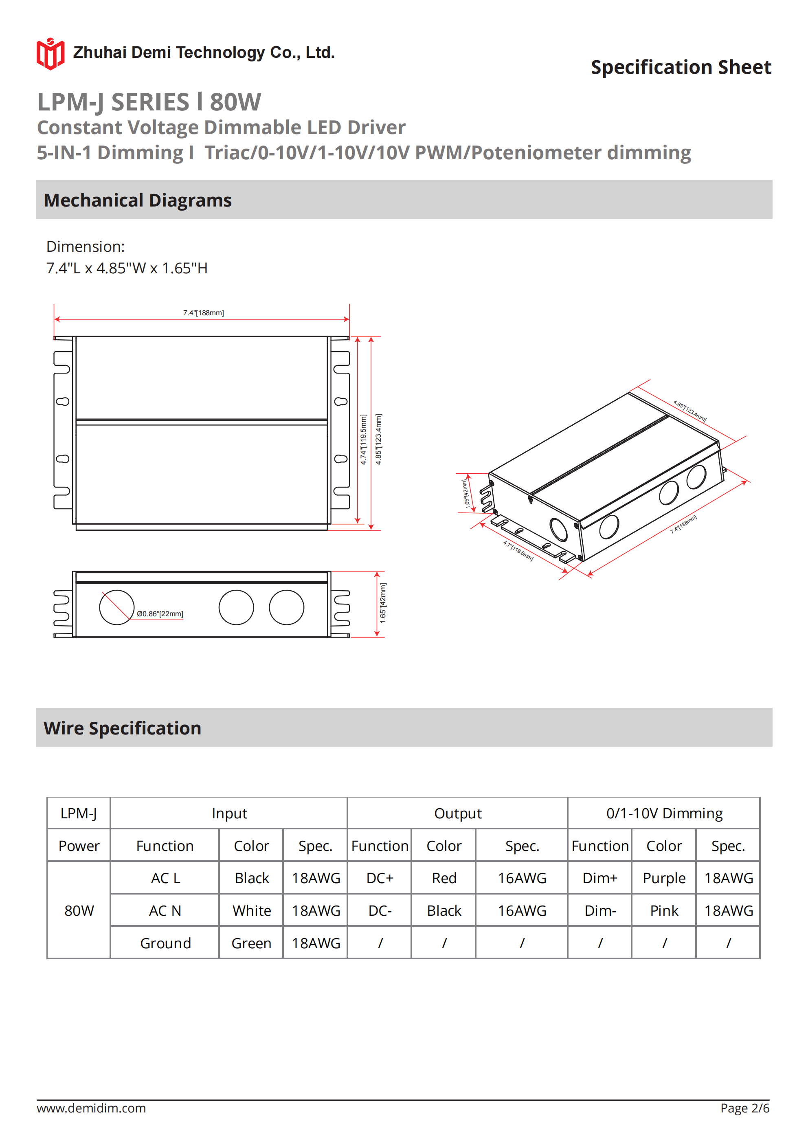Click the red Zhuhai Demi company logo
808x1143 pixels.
point(50,54)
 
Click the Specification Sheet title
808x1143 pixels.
point(681,67)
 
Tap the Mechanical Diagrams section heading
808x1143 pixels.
point(138,200)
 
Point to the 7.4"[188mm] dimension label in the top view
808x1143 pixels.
point(203,312)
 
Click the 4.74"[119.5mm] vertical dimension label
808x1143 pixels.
point(363,440)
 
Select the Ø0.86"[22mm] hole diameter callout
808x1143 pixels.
point(160,614)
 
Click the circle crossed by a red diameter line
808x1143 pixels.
point(116,607)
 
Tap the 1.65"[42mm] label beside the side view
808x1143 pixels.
point(383,603)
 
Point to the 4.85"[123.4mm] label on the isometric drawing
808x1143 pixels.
point(689,411)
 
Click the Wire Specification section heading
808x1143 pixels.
point(123,728)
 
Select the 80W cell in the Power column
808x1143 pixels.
point(79,910)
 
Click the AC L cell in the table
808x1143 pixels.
point(165,878)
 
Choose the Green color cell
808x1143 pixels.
point(251,943)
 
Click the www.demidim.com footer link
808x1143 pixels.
point(91,1108)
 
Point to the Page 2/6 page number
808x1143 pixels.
point(744,1108)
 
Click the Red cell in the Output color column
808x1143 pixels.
point(444,878)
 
